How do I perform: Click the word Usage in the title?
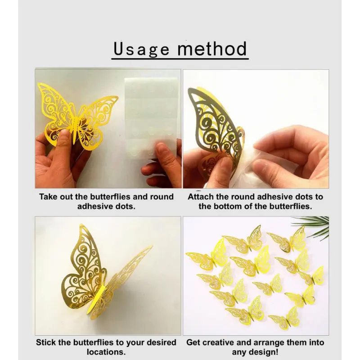click(141, 49)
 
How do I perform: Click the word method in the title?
click(212, 49)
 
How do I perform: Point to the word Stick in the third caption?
click(46, 342)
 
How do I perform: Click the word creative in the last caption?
click(219, 342)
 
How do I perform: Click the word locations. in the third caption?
click(106, 352)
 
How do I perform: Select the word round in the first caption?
click(162, 197)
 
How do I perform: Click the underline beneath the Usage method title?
click(180, 59)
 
